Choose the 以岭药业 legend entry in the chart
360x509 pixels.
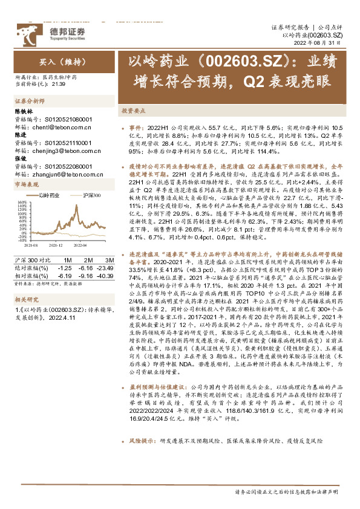(x=49, y=196)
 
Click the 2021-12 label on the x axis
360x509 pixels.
(x=56, y=246)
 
